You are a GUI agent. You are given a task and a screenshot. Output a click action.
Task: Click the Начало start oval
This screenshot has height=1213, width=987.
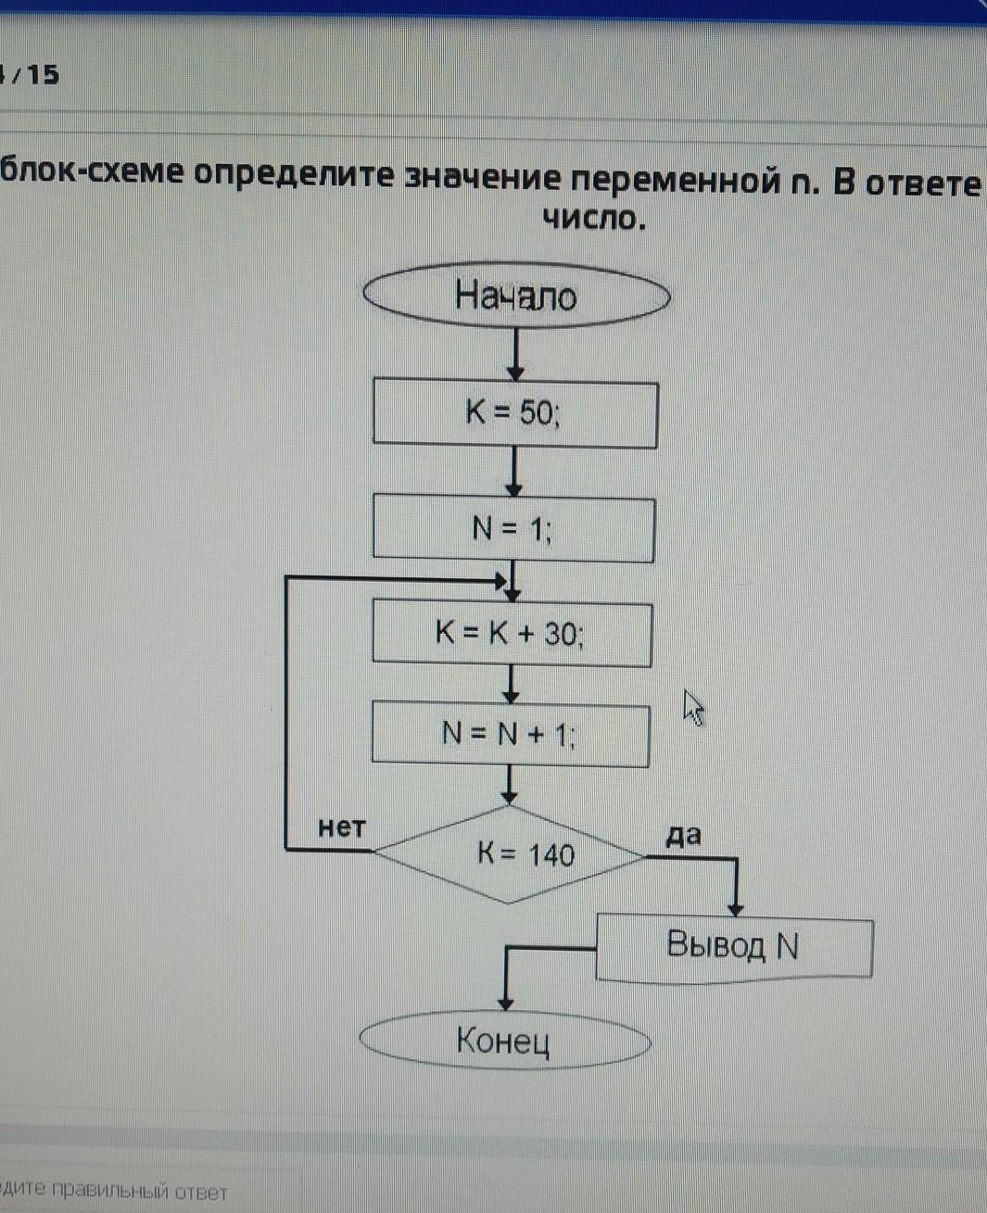(x=516, y=297)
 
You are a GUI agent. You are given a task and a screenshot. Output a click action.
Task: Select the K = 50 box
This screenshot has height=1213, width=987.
(x=515, y=413)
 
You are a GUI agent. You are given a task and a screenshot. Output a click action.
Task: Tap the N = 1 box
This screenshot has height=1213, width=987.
(x=513, y=529)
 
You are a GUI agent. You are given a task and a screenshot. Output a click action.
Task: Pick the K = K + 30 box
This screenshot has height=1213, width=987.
(x=512, y=635)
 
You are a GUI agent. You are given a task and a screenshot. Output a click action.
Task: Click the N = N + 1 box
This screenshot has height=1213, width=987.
(x=511, y=735)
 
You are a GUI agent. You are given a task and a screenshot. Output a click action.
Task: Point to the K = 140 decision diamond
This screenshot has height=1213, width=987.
(x=509, y=854)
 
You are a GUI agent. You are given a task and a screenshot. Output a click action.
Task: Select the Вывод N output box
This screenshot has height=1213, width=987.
(x=734, y=947)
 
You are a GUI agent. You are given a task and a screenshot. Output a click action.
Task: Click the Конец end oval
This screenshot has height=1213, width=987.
(x=505, y=1041)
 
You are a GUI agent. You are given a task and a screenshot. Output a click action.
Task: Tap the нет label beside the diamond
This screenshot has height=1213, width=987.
(x=342, y=828)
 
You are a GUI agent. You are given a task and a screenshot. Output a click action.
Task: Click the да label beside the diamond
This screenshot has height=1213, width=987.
(x=684, y=836)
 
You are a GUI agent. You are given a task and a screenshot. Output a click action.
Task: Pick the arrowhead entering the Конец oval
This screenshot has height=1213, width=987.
(x=505, y=1003)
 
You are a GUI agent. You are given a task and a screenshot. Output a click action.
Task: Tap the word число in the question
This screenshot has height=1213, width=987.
(x=593, y=219)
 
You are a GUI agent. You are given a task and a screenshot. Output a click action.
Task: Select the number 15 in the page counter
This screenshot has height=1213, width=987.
(x=43, y=74)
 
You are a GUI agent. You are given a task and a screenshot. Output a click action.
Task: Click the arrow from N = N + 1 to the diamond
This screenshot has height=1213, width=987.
(x=509, y=786)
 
